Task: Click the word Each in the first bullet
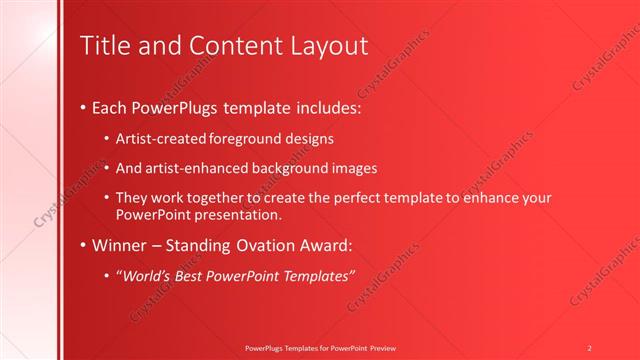[x=109, y=106]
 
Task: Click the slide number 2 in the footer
[x=589, y=347]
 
